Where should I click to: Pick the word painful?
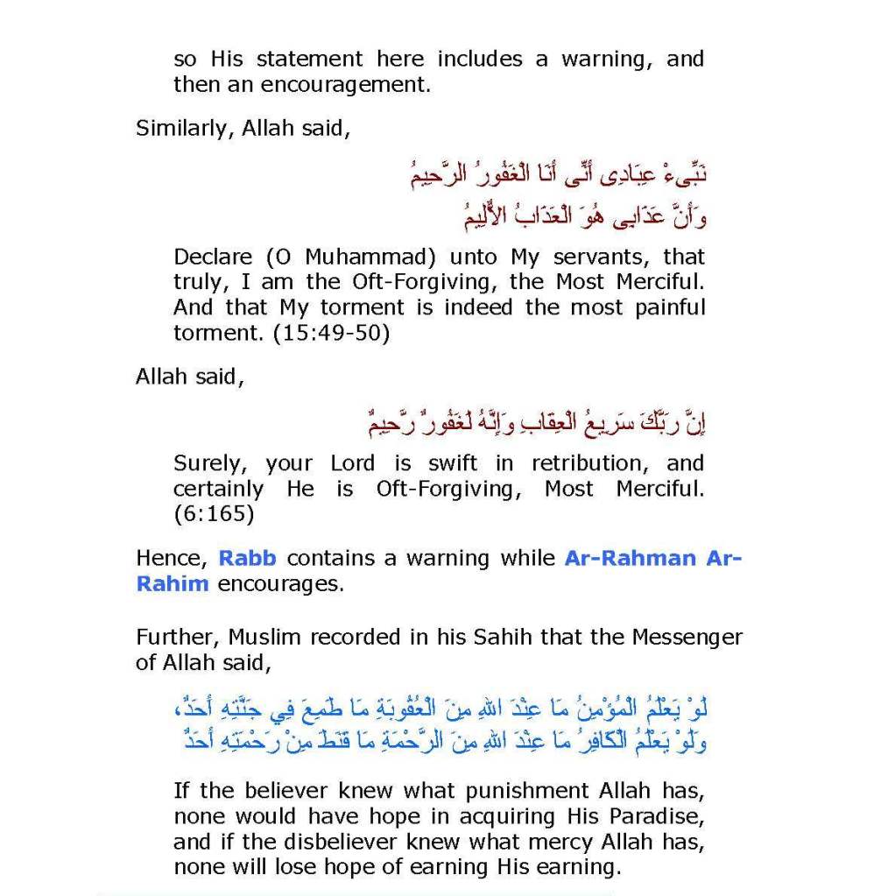pyautogui.click(x=665, y=308)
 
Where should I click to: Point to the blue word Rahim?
pyautogui.click(x=172, y=583)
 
